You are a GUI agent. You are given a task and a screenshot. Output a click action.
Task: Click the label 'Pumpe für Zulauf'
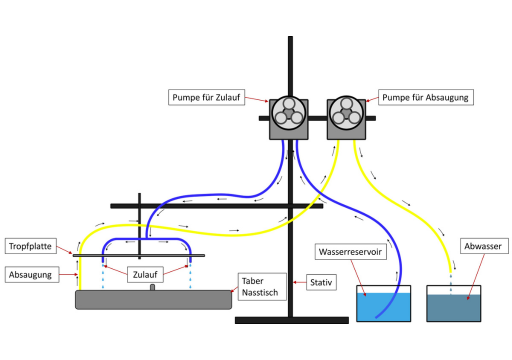click(x=206, y=97)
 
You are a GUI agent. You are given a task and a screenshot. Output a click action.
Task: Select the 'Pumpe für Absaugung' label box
click(x=426, y=97)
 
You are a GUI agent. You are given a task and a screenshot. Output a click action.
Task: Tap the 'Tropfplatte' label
click(x=30, y=246)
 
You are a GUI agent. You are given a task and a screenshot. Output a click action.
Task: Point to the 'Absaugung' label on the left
click(x=32, y=275)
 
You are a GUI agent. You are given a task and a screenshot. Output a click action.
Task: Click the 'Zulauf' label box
click(x=145, y=274)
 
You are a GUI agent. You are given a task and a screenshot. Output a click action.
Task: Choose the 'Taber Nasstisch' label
click(x=262, y=287)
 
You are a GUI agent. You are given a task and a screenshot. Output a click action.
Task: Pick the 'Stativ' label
click(x=321, y=282)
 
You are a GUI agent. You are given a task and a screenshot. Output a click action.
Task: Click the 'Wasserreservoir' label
click(x=350, y=252)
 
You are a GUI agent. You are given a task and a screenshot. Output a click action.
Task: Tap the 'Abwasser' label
click(x=484, y=246)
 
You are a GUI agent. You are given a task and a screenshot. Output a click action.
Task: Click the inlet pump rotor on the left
click(x=289, y=113)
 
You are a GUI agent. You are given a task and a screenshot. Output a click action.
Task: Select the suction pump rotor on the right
click(x=346, y=113)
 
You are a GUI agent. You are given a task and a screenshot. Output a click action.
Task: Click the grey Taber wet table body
click(x=153, y=300)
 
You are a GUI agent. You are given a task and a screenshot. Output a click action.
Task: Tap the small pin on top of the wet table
click(x=152, y=287)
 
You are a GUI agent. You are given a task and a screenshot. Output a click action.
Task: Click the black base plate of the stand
click(x=292, y=320)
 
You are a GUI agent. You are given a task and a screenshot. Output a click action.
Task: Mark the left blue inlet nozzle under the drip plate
click(x=103, y=260)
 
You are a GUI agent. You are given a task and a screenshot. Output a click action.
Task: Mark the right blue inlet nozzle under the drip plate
click(x=190, y=260)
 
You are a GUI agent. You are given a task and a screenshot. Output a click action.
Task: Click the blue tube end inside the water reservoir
click(x=377, y=317)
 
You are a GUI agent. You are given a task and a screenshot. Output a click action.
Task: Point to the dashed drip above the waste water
click(x=451, y=284)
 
